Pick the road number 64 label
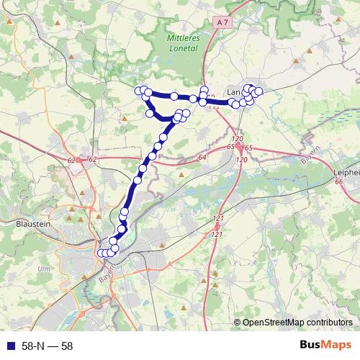coord(202,156)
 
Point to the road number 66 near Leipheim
coord(339,183)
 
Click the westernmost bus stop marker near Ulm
coord(101,253)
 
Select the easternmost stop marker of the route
coord(259,91)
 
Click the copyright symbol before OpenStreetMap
coord(238,323)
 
